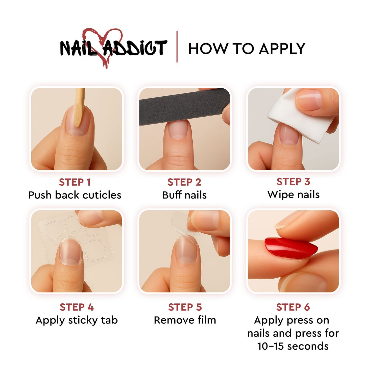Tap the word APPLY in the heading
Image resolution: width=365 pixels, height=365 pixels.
point(282,49)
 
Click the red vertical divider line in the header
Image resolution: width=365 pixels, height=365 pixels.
point(177,47)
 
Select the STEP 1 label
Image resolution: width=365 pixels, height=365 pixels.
point(75,182)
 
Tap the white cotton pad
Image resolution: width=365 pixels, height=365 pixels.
point(298,116)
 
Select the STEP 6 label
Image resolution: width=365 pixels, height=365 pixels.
point(293,307)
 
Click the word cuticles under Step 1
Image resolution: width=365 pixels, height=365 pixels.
point(102,195)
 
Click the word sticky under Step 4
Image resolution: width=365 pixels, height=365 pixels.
point(83,320)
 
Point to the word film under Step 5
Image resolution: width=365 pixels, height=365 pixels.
point(207,320)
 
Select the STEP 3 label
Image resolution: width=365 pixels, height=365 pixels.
point(293,182)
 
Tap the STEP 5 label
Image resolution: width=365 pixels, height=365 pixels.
point(185,307)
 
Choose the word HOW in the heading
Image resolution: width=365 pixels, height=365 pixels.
point(208,49)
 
